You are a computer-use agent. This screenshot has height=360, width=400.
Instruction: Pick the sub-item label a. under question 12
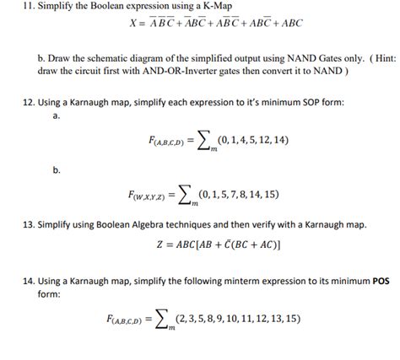(x=56, y=116)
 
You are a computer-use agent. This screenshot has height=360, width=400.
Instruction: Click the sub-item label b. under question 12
(x=56, y=169)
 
